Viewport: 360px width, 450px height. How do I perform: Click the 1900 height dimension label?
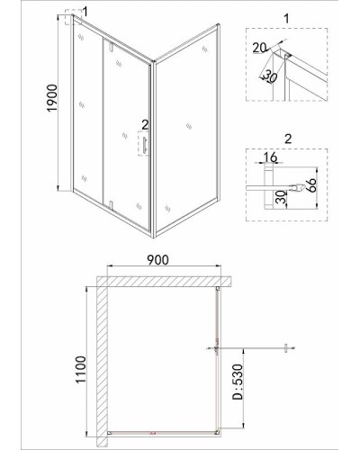[52, 98]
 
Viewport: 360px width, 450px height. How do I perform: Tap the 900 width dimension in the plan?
[158, 260]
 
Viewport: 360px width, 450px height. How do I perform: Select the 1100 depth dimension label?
[81, 369]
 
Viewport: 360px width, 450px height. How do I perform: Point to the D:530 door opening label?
[238, 382]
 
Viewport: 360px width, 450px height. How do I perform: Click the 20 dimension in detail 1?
[259, 48]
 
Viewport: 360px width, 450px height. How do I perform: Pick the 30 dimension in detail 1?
[270, 77]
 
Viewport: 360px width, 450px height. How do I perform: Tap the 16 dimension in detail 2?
[270, 157]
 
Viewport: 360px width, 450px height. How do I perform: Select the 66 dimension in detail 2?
[311, 185]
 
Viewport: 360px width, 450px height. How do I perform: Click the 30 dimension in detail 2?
[282, 197]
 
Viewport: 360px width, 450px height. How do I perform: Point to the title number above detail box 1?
[286, 18]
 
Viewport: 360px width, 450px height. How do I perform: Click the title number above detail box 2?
[288, 139]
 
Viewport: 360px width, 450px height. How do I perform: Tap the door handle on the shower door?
[145, 146]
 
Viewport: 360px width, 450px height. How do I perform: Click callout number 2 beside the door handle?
[145, 125]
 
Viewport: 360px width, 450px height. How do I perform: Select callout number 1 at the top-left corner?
[85, 12]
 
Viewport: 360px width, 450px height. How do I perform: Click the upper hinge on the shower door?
[111, 47]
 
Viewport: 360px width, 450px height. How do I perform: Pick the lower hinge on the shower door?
[111, 204]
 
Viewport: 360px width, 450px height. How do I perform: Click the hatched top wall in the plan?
[164, 282]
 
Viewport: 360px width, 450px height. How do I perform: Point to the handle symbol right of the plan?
[286, 348]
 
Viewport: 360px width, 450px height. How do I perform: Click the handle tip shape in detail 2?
[299, 187]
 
